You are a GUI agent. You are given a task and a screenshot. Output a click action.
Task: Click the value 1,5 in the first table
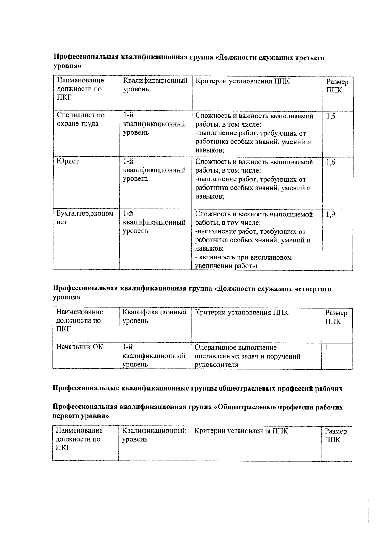point(331,117)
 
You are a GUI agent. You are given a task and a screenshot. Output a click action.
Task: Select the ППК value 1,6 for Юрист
point(331,163)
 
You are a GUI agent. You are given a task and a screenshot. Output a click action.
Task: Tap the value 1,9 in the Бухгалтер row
point(331,215)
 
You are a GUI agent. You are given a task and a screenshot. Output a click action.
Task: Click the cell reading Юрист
point(68,161)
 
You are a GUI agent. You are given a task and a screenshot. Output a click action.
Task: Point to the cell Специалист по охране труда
point(81,119)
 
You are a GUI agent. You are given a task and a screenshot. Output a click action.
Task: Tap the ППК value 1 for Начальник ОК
point(327,348)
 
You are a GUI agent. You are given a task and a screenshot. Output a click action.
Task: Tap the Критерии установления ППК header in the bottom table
point(241,431)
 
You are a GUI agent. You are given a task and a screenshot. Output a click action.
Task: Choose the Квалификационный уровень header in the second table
point(154,317)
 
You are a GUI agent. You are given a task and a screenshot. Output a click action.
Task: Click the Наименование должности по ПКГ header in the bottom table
point(79,439)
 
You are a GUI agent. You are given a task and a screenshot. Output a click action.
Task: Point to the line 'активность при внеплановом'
point(243,257)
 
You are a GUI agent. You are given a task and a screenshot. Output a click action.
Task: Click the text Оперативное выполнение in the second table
point(236,348)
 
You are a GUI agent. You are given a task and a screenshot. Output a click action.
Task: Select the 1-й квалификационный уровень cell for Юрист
point(154,170)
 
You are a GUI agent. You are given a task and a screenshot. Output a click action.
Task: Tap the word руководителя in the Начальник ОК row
point(216,365)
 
